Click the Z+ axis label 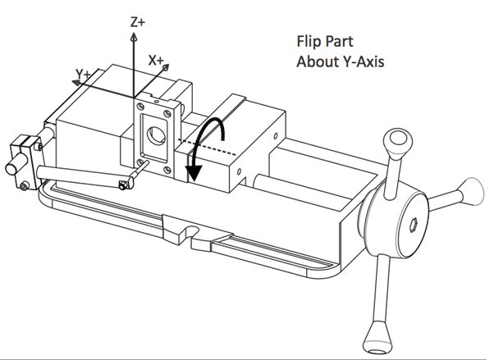[138, 22]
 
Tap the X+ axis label [156, 60]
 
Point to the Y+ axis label [83, 75]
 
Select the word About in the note [315, 61]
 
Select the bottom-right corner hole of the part [168, 171]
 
